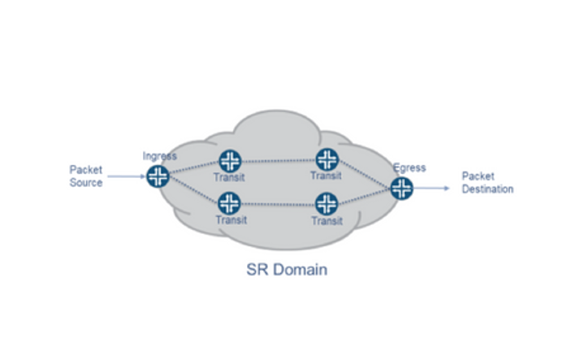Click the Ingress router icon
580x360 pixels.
(158, 176)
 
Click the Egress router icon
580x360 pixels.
(401, 189)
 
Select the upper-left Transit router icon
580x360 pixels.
(230, 160)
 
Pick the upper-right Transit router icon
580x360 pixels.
(327, 159)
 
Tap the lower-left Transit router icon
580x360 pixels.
(230, 202)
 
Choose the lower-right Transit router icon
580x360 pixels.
(326, 202)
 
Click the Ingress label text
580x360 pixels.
(159, 156)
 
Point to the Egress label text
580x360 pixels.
(409, 168)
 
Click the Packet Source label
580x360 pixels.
(86, 176)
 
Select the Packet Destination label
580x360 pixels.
(487, 182)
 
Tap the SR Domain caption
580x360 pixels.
(287, 269)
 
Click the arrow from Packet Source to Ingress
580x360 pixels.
(126, 176)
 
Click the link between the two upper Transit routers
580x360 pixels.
(278, 160)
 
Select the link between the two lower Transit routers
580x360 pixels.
(278, 202)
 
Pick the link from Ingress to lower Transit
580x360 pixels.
(193, 189)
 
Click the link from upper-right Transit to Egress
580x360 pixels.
(364, 174)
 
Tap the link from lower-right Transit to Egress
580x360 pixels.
(364, 196)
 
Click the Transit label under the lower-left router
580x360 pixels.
(230, 219)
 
